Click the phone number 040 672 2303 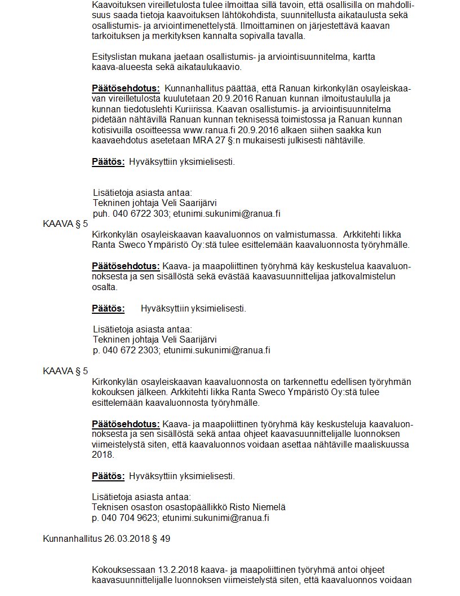(135, 350)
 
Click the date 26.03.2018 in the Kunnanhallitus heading (130, 538)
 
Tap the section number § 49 (161, 538)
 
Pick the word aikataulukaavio (212, 67)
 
